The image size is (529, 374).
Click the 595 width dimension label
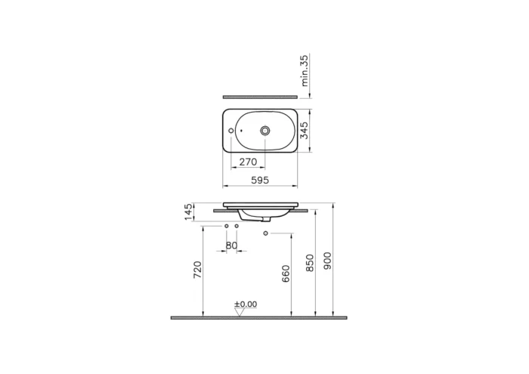pos(260,180)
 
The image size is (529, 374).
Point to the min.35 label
pos(306,70)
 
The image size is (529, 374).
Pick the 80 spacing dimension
pos(231,245)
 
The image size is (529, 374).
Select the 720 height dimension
pos(198,270)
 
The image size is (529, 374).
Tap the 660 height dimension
pos(286,274)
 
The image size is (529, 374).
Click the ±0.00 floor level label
pos(246,304)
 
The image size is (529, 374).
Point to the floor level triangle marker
pos(240,311)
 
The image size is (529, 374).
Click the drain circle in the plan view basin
pos(265,131)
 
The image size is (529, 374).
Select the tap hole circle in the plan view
pos(230,131)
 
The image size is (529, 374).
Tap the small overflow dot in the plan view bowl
pos(241,131)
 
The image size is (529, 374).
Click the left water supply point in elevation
pos(226,227)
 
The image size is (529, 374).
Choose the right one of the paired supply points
pos(237,227)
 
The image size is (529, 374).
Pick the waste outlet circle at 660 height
pos(265,233)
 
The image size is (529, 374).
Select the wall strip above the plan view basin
pos(260,97)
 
